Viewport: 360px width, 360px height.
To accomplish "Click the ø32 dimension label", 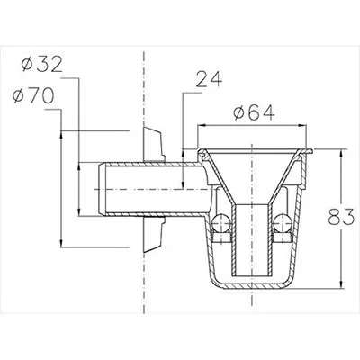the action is (x=42, y=65).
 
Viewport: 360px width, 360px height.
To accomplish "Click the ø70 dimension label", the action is (x=33, y=96).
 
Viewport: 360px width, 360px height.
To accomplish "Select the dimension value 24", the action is (x=209, y=79).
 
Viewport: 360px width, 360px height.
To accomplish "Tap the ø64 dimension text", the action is (x=254, y=113).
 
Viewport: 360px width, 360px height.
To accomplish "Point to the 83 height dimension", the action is (x=341, y=217).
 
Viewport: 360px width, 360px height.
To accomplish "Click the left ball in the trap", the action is (x=220, y=222).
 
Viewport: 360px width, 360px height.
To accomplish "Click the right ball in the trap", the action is (x=282, y=222).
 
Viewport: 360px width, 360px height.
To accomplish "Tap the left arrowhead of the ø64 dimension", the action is (x=201, y=125).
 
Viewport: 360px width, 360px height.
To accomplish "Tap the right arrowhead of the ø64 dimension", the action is (x=302, y=125).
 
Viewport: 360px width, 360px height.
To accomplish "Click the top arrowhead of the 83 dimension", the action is (x=341, y=153).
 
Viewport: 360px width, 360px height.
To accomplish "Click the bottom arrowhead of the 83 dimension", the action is (x=341, y=283).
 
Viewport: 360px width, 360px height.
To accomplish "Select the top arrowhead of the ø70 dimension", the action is (x=61, y=135).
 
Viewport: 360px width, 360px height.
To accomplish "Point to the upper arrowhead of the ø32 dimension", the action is (x=79, y=166).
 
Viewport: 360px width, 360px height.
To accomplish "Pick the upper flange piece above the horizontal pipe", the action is (x=154, y=145).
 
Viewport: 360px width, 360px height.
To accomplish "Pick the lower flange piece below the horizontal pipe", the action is (x=154, y=234).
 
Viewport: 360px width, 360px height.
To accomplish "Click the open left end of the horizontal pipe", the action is (x=101, y=189).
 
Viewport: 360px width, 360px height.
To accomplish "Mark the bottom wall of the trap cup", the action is (x=251, y=286).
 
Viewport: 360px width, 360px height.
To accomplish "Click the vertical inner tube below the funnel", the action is (x=251, y=240).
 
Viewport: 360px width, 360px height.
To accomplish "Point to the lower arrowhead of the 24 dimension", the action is (x=184, y=184).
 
